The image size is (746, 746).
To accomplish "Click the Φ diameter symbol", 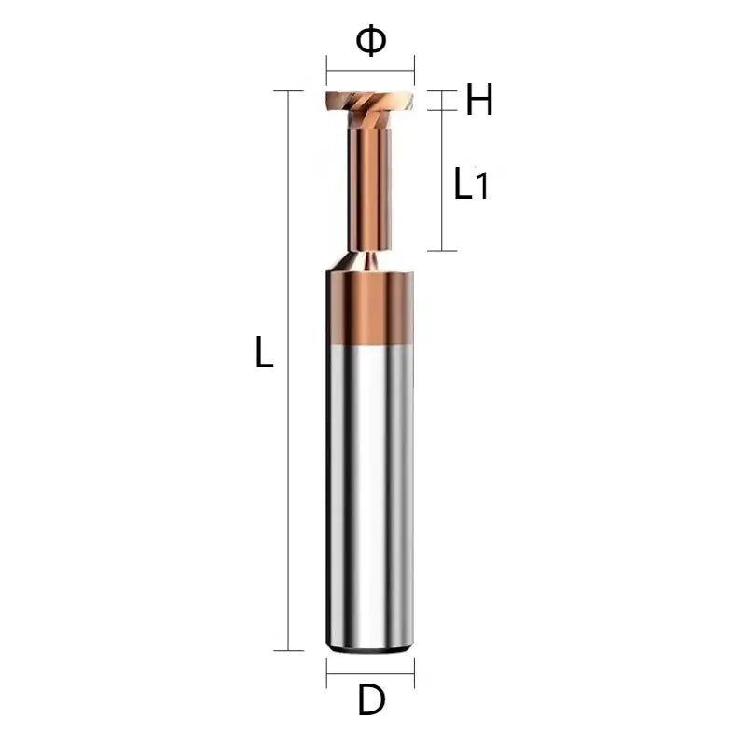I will [370, 41].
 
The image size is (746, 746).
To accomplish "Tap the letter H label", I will [479, 101].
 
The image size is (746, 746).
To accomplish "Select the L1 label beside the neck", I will [470, 184].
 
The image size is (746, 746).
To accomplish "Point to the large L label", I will [265, 353].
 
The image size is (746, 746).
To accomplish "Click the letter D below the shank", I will [371, 700].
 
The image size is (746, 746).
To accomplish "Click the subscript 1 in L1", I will [482, 188].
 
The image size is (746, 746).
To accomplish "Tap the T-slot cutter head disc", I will [370, 100].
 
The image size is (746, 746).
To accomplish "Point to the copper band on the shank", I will [370, 308].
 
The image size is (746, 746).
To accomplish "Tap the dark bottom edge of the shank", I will [370, 646].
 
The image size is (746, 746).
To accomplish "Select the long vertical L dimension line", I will [289, 373].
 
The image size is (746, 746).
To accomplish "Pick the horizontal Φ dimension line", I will [370, 71].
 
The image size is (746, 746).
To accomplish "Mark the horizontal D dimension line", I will [370, 672].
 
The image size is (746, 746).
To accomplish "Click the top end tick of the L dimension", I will [289, 91].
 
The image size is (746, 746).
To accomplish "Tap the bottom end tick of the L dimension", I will [289, 650].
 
